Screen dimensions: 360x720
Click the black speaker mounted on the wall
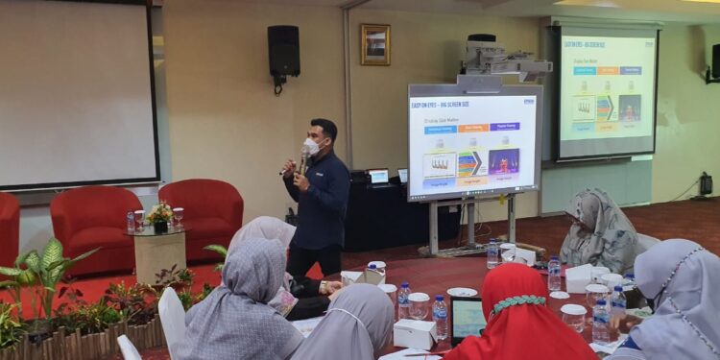283,52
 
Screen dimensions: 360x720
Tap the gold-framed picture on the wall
375,45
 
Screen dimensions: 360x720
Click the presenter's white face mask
312,147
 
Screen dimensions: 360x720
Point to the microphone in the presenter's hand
302,159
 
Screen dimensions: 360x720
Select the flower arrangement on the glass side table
159,213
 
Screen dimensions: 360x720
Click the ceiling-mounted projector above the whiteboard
498,60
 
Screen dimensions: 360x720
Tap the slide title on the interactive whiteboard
441,104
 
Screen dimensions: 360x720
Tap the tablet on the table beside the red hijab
468,320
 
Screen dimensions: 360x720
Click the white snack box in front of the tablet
416,333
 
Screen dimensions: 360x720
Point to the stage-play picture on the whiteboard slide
503,160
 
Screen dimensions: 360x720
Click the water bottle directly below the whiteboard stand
492,253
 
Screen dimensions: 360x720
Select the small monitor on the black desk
379,176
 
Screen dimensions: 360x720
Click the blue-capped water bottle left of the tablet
440,316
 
